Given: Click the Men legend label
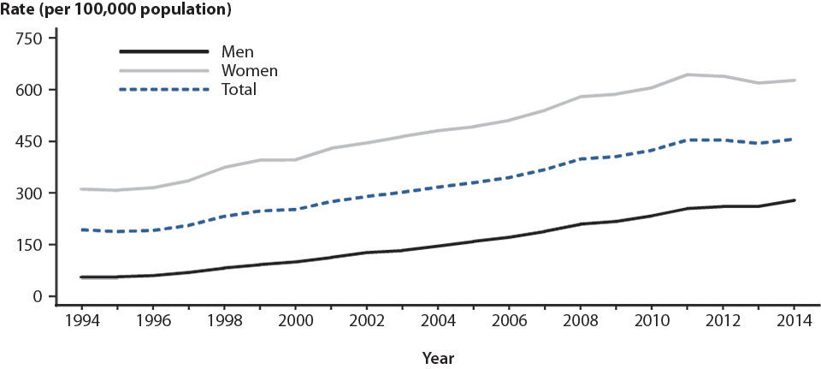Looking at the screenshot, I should [238, 52].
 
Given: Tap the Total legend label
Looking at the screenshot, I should [239, 88].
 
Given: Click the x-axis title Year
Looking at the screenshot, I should [438, 357].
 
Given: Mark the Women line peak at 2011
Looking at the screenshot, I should [688, 74].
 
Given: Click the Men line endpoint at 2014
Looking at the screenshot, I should [794, 200].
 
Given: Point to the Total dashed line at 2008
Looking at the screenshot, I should [581, 159].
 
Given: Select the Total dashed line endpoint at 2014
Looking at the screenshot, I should [794, 139].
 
